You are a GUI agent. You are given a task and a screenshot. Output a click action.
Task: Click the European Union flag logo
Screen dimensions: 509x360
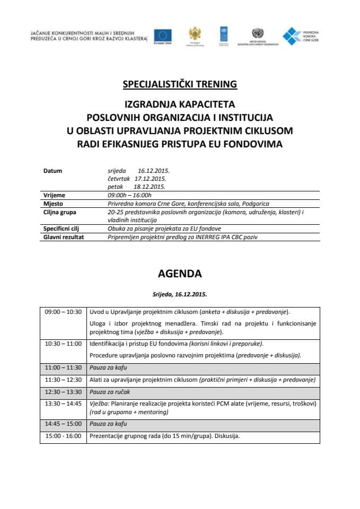pyautogui.click(x=163, y=36)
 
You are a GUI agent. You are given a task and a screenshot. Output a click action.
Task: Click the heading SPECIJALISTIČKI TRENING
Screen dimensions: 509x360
pyautogui.click(x=180, y=84)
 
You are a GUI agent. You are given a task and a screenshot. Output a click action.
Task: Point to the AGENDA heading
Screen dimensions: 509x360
pyautogui.click(x=180, y=274)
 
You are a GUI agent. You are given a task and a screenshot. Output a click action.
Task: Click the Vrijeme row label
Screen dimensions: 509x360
pyautogui.click(x=54, y=195)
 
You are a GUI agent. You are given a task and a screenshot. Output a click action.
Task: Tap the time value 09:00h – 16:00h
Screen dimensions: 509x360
pyautogui.click(x=130, y=195)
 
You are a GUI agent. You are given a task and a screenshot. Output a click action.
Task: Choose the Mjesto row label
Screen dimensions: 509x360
pyautogui.click(x=53, y=204)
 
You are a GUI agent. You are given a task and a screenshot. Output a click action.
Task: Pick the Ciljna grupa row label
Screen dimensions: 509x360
pyautogui.click(x=59, y=212)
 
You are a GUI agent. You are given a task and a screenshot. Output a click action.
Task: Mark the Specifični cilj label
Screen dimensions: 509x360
pyautogui.click(x=61, y=229)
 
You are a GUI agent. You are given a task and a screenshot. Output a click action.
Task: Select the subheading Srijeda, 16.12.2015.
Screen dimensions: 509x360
pyautogui.click(x=180, y=294)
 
